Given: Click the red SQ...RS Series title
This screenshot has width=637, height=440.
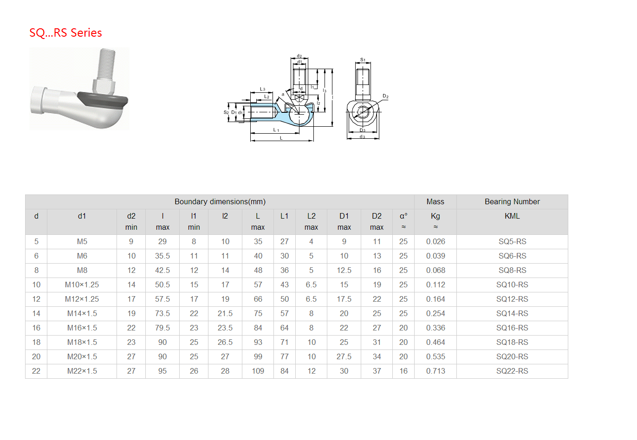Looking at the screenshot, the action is [x=65, y=32].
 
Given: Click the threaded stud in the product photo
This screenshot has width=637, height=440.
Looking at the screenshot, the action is [x=106, y=64].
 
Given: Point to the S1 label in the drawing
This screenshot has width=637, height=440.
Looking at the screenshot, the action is [x=363, y=60].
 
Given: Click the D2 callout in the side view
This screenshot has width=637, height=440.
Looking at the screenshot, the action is [x=385, y=96].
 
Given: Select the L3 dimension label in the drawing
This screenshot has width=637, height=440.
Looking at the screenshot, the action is [x=262, y=89].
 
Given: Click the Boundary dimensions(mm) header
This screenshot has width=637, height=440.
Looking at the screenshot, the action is [x=220, y=201].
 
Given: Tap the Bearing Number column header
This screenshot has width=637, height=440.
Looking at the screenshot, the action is [x=512, y=201].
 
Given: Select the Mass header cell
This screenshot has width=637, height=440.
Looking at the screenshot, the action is [x=435, y=201].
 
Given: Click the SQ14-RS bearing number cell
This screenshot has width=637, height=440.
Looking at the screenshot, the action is [x=512, y=313].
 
